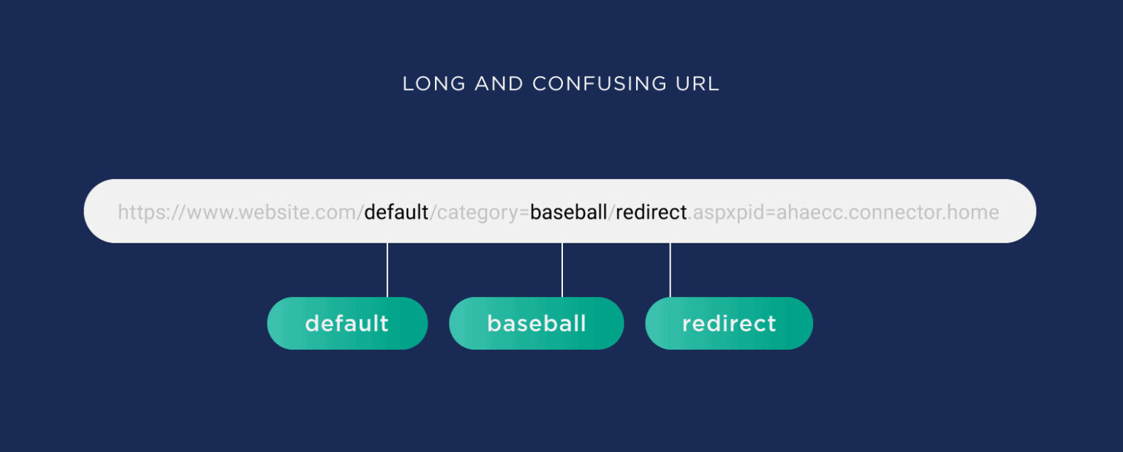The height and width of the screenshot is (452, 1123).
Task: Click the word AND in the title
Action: [499, 83]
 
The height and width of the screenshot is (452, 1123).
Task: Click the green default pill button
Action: [347, 323]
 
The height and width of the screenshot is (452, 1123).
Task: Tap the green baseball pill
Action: [537, 323]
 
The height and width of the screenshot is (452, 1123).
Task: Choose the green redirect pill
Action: [729, 323]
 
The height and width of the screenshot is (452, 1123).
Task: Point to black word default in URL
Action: [396, 213]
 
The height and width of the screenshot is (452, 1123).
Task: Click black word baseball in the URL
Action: [569, 213]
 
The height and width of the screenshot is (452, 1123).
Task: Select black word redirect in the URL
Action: [651, 213]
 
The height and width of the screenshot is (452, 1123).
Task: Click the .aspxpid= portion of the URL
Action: [731, 213]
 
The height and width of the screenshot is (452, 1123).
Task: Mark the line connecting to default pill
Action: [387, 270]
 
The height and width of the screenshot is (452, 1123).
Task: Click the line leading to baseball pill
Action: [562, 270]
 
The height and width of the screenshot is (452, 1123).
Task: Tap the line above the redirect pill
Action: [670, 270]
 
